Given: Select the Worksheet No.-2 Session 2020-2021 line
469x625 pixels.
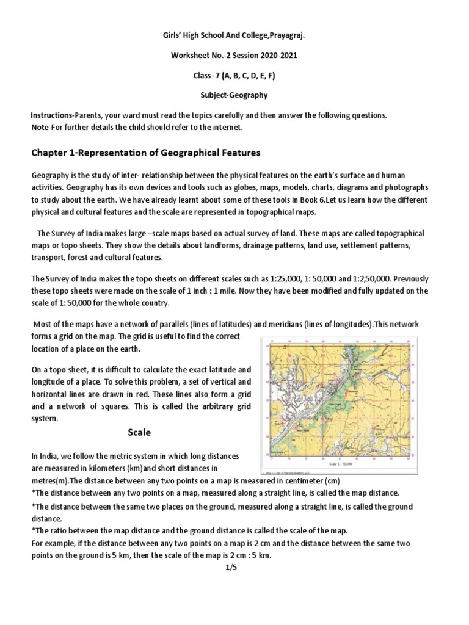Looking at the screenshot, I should click(x=234, y=56).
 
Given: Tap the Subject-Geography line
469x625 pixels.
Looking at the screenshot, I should click(x=234, y=96).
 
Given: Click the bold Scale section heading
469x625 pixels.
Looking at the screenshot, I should click(x=139, y=432).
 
